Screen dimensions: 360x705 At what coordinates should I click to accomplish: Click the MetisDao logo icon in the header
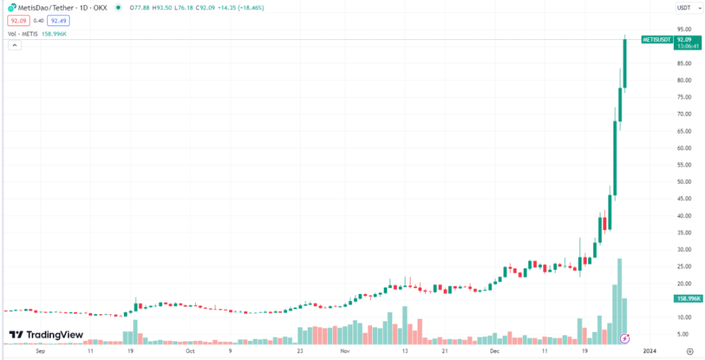(12, 8)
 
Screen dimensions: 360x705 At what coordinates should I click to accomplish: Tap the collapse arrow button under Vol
(15, 45)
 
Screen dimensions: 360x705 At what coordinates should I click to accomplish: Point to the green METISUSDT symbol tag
(657, 39)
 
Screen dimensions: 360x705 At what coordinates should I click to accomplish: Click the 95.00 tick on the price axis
(683, 29)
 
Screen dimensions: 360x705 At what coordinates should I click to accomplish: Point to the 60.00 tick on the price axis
(683, 148)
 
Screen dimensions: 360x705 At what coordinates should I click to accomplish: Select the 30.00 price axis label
(683, 250)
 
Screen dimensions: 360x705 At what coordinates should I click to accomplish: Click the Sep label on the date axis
(41, 351)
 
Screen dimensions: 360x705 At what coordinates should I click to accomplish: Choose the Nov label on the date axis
(344, 351)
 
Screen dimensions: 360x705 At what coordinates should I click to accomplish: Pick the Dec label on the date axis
(495, 351)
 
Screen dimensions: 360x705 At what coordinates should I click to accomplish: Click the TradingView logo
(45, 335)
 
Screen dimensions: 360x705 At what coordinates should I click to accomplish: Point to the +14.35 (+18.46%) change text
(242, 8)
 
